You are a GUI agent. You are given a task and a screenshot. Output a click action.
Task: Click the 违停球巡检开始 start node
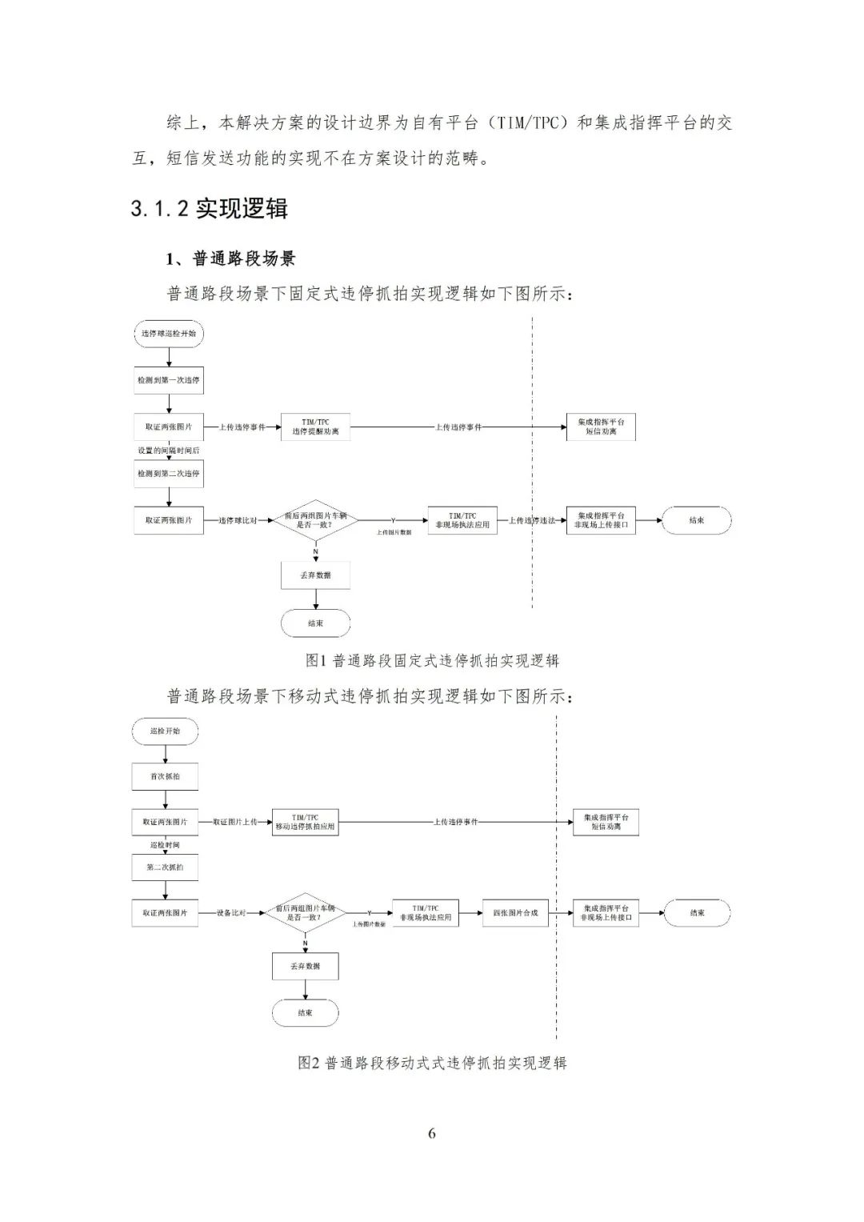click(168, 334)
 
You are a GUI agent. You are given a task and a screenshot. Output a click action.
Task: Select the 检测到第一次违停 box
click(168, 380)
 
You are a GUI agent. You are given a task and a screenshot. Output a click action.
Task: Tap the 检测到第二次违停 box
click(168, 474)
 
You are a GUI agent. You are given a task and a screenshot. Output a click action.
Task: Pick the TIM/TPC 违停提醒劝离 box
click(315, 427)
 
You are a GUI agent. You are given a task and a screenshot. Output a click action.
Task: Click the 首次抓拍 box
click(165, 776)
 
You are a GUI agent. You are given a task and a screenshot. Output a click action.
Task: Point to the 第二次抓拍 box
click(165, 867)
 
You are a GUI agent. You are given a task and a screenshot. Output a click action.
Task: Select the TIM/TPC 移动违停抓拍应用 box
click(305, 822)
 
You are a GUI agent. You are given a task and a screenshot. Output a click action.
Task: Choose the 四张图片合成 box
click(515, 913)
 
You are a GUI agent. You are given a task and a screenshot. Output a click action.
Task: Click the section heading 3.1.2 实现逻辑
click(209, 209)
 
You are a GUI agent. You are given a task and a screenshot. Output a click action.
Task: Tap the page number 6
click(432, 1133)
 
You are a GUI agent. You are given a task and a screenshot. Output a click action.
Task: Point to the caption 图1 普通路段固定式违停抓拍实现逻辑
click(432, 661)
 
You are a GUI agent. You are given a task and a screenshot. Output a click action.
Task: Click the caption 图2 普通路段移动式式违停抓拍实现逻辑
click(432, 1064)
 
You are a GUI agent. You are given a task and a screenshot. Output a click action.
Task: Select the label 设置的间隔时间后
click(168, 451)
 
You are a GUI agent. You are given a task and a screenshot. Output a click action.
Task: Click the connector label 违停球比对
click(238, 521)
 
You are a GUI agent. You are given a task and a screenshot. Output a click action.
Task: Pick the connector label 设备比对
click(231, 913)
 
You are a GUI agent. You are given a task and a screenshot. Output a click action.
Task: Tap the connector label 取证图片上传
click(234, 822)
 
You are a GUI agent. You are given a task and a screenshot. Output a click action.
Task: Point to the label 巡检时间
click(165, 845)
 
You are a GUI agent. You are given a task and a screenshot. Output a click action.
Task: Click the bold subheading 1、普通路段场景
click(230, 258)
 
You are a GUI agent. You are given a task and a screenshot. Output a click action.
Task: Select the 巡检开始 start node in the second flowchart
click(165, 731)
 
